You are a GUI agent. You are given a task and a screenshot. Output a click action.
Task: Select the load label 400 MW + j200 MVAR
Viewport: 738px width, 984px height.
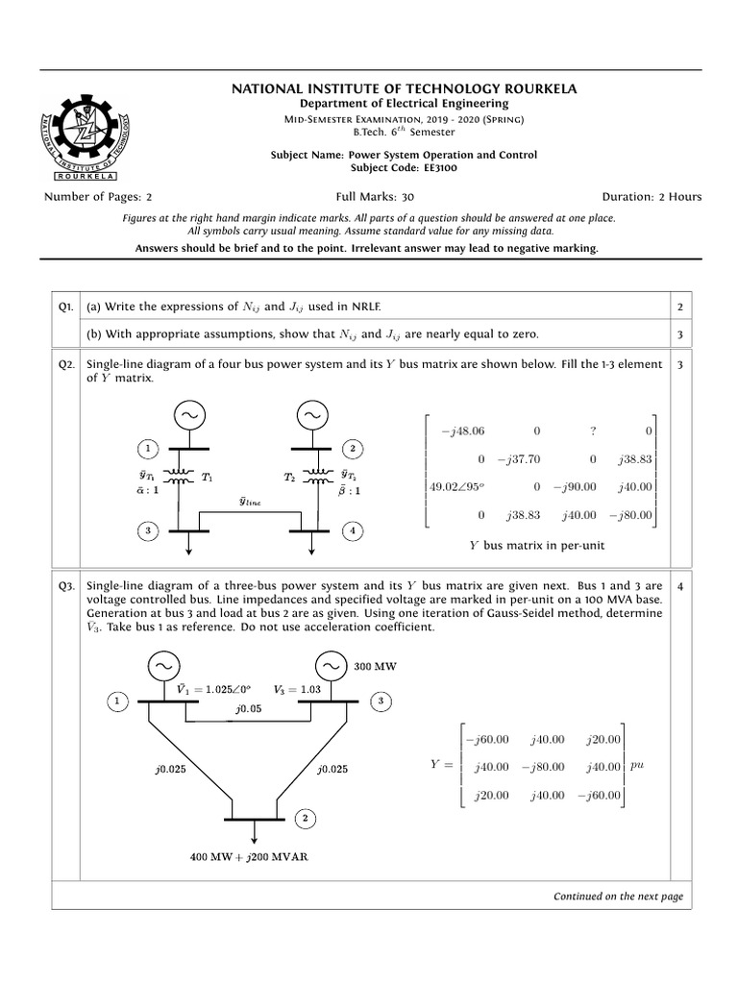255,855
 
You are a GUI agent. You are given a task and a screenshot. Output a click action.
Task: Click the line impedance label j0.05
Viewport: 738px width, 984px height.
247,708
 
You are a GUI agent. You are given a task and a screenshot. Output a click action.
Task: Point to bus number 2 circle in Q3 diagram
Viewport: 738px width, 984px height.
305,819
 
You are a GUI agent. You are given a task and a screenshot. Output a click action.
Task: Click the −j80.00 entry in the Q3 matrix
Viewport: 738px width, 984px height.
543,766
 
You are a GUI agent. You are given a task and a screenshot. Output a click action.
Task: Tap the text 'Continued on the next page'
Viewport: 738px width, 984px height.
618,896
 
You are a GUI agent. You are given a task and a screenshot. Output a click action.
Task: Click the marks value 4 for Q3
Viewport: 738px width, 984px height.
679,585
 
